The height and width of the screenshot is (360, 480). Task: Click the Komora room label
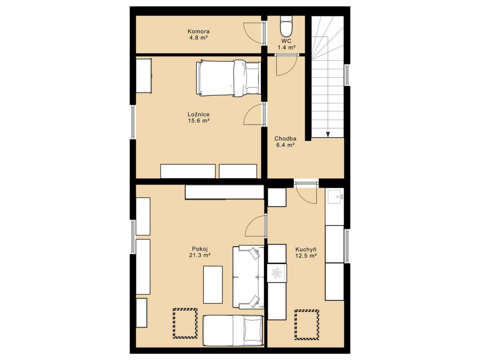point(198,31)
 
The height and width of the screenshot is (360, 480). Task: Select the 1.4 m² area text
point(287,47)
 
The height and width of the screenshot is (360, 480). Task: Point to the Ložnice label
point(199,114)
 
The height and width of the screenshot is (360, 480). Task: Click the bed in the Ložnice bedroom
point(228,78)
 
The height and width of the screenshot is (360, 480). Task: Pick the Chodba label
point(285,138)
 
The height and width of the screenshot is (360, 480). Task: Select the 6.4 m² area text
point(285,145)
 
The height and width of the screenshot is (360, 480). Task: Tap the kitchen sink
point(335,196)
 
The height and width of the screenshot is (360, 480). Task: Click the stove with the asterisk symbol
point(277,273)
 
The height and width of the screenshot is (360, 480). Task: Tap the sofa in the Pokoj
point(248,277)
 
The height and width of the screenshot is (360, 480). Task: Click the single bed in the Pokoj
point(233,330)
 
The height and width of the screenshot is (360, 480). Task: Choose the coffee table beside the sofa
point(213,285)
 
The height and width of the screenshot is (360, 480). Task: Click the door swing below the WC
point(286,65)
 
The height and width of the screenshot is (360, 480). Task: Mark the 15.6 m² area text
point(199,120)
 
